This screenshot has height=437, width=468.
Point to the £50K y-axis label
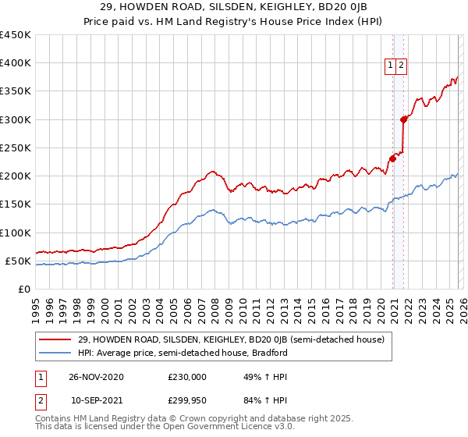17,261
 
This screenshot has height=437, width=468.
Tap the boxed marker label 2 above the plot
401,66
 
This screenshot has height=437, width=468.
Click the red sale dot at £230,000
392,158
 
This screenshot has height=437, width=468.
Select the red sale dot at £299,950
403,119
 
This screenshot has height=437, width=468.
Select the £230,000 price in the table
187,377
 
